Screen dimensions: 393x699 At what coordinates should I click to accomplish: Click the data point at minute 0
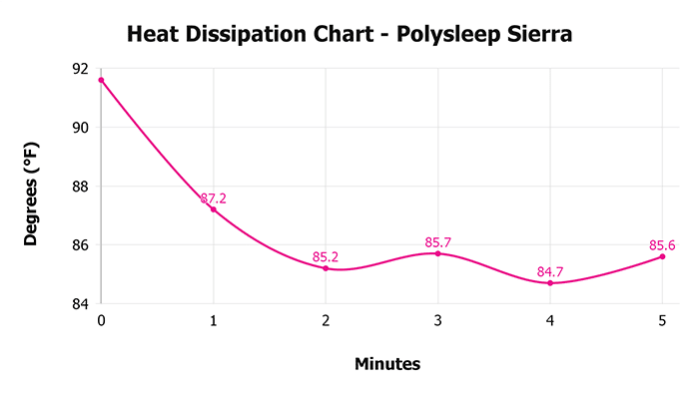click(101, 80)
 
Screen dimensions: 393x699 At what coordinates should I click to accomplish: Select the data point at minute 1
click(213, 209)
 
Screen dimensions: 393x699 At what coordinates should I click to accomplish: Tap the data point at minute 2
click(326, 268)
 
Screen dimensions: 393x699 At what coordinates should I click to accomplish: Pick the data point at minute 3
click(437, 253)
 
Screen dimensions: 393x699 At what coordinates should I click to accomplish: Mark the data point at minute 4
click(550, 283)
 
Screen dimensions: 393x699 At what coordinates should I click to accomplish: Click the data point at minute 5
click(662, 256)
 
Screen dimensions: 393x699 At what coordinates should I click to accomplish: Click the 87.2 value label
click(213, 198)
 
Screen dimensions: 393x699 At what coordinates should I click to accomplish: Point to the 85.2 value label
click(326, 257)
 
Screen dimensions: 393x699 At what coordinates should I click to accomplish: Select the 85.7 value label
click(437, 242)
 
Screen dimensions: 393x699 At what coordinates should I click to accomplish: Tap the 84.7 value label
click(550, 272)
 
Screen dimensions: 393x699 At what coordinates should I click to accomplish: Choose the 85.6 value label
click(662, 245)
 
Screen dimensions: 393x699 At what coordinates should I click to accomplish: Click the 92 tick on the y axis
click(81, 69)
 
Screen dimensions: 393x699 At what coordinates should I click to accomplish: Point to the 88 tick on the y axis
click(81, 187)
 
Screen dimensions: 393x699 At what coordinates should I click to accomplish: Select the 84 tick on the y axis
click(81, 303)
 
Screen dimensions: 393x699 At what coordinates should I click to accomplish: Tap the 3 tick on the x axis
click(437, 320)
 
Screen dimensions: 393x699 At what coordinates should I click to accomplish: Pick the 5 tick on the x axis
click(662, 320)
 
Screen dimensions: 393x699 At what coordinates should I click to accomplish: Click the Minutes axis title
click(387, 364)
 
